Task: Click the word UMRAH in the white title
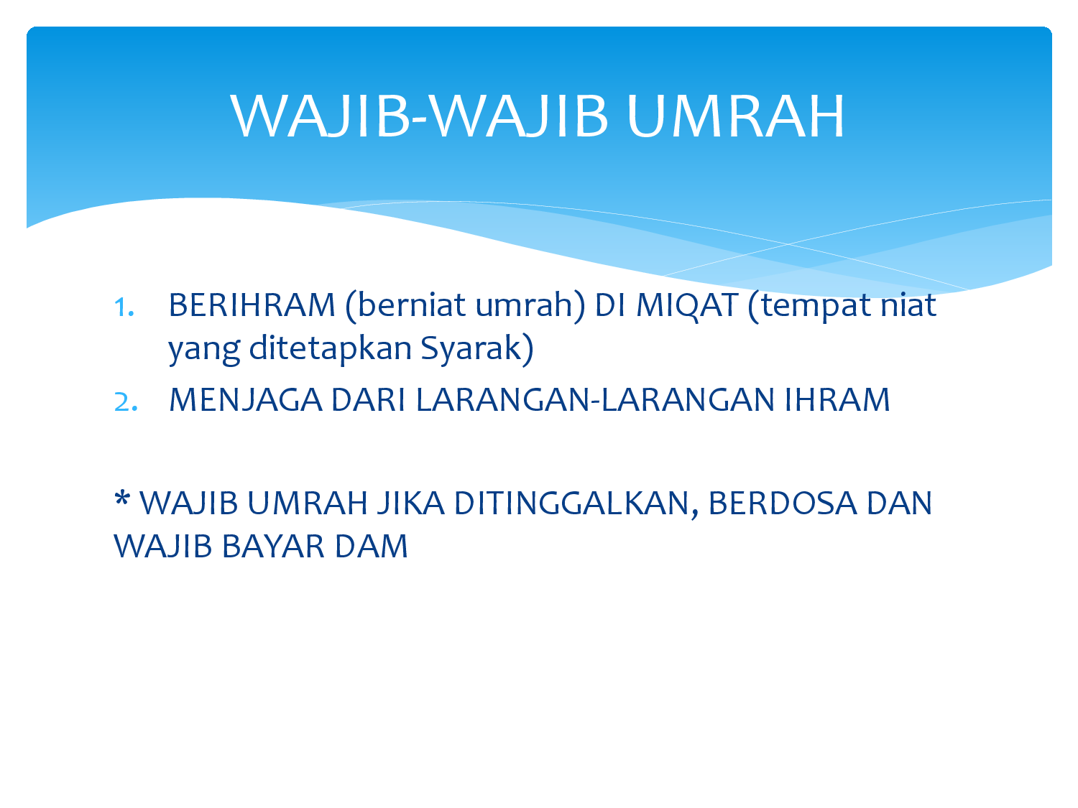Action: [735, 116]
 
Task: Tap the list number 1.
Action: [124, 307]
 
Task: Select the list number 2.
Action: [125, 402]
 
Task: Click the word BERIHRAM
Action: [252, 305]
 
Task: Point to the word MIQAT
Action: [687, 306]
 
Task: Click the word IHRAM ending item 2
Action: [837, 400]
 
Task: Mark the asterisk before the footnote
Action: [121, 498]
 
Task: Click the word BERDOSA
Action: [783, 503]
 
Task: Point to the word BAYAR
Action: [273, 547]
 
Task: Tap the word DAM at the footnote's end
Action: [371, 547]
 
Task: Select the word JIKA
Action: [410, 503]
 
